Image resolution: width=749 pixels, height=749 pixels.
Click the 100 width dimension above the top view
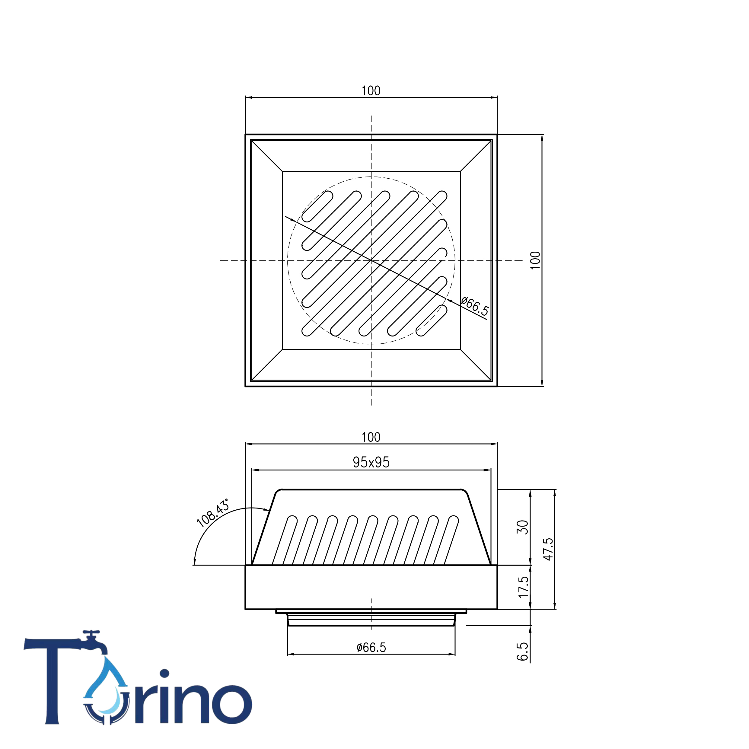pos(371,91)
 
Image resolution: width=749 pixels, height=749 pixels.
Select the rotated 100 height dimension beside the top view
pos(535,260)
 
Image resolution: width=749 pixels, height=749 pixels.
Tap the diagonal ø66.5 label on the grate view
pos(475,306)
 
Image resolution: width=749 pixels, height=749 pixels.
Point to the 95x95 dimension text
pos(371,462)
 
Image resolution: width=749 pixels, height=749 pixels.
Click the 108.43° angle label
pos(213,513)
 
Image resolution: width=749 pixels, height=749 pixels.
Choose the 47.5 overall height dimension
pos(548,549)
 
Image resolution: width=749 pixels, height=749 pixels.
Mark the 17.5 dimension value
pos(523,587)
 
